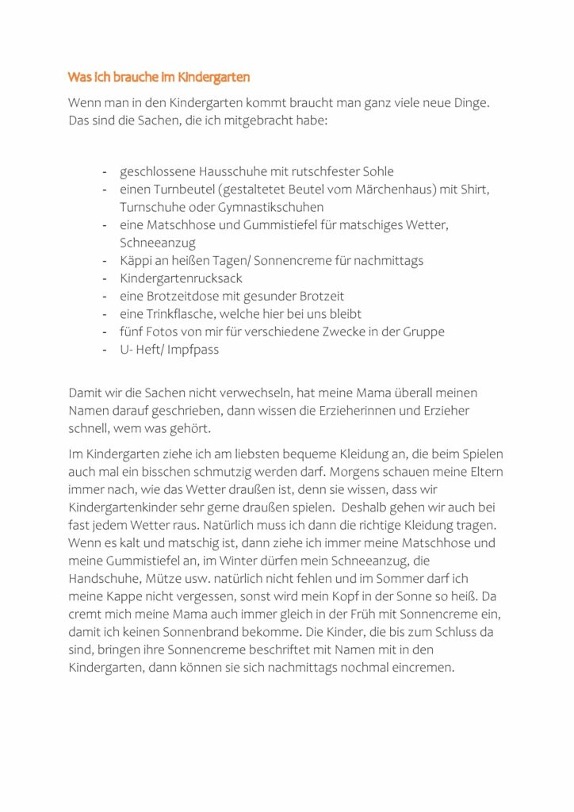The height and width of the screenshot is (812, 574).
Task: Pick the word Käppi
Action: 135,260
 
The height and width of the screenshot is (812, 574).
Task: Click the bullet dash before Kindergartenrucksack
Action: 104,278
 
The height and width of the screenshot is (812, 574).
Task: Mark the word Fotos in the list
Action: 166,331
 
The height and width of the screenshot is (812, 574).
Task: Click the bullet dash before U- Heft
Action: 104,349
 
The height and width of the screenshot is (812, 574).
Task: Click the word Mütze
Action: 164,579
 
